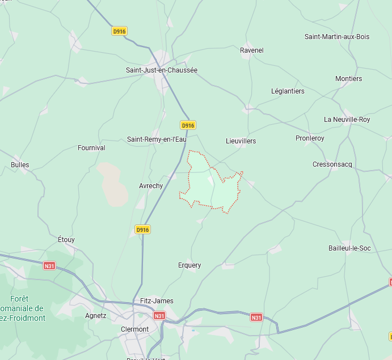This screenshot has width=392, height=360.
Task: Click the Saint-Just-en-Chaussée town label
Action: coord(162,70)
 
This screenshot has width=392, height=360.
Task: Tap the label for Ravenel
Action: coord(252,50)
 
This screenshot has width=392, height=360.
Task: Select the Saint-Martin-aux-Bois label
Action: coord(337,37)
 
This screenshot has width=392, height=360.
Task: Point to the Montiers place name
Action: coord(348,79)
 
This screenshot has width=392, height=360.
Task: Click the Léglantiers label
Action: coord(288,91)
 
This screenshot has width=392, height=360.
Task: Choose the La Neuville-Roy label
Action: coord(347,120)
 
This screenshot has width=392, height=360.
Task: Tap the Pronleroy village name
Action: coord(310,138)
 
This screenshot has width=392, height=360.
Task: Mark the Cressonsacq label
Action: coord(332,164)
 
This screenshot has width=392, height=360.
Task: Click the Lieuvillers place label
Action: coord(241,141)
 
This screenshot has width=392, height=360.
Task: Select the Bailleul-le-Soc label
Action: coord(349,248)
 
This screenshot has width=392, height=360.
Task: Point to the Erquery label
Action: coord(189,265)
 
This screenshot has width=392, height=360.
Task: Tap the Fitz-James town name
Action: coord(157,301)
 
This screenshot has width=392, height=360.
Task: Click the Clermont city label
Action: coord(135,329)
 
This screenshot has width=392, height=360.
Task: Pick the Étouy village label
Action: coord(66,240)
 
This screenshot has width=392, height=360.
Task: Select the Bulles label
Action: coord(20,165)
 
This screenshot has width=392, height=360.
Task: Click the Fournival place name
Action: coord(91,148)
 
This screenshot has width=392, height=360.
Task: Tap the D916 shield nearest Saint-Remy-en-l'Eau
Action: coord(188,125)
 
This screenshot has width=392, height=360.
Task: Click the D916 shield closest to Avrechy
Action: coord(142,230)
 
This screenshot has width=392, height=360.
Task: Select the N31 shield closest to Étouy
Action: coord(50,265)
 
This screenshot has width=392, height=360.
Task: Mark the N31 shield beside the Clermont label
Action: coord(159,316)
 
